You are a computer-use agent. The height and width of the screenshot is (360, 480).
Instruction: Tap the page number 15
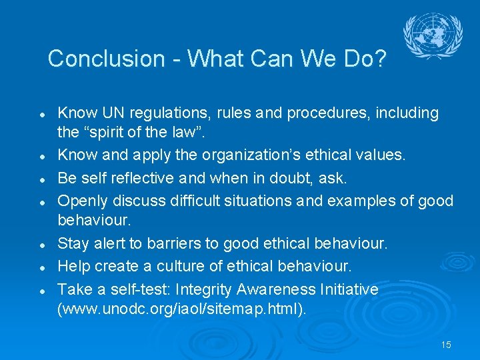[x=446, y=345]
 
